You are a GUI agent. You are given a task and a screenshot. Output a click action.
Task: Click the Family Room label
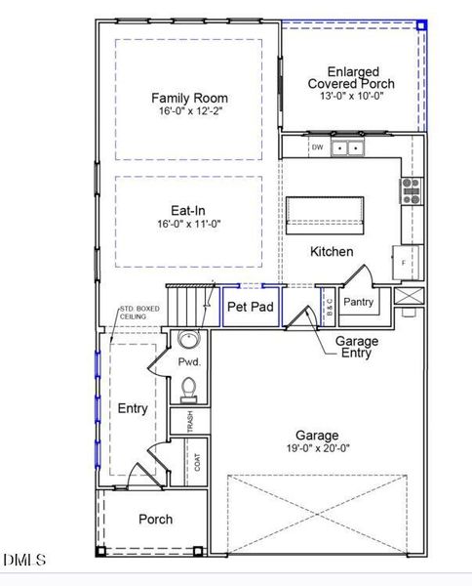189,98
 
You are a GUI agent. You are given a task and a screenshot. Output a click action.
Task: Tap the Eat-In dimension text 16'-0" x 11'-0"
189,224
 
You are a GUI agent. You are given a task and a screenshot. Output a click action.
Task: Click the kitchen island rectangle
325,213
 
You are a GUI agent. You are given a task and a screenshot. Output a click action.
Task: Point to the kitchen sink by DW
347,148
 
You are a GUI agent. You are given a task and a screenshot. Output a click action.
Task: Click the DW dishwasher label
317,148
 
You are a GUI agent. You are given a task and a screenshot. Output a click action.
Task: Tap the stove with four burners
411,189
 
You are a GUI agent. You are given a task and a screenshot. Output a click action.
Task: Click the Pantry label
359,303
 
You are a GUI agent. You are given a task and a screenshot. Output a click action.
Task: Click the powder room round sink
187,341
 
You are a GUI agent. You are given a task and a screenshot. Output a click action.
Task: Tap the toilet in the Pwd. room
189,390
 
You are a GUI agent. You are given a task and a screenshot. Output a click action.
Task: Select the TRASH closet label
190,421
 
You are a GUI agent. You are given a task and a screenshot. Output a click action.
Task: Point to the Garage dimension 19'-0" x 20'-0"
318,450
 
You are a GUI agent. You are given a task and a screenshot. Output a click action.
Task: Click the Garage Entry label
357,348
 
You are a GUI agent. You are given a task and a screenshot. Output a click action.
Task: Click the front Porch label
155,520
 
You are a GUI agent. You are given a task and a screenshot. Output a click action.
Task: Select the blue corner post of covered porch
421,25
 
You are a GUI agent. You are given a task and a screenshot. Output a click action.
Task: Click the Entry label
133,408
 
